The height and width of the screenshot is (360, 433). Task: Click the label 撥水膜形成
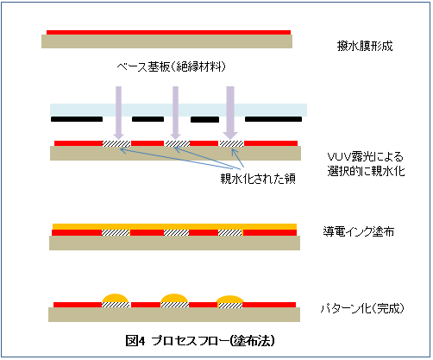[x=365, y=46]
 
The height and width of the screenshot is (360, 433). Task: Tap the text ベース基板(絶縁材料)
[x=172, y=66]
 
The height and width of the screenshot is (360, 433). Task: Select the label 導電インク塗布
[x=358, y=231]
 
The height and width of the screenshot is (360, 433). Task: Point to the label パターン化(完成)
[x=362, y=308]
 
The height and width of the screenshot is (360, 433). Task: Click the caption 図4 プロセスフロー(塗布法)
[x=200, y=341]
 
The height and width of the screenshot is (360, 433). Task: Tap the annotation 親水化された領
[x=258, y=179]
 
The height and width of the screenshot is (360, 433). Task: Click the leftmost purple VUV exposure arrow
[x=118, y=113]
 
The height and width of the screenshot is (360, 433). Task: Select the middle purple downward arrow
[x=175, y=113]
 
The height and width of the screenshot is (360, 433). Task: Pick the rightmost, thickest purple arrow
[x=230, y=113]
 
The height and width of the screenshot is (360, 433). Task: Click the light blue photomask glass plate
[x=179, y=110]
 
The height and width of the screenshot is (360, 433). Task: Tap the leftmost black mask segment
[x=77, y=119]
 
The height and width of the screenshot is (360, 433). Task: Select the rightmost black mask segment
[x=273, y=119]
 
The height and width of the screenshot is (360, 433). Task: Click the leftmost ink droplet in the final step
[x=116, y=298]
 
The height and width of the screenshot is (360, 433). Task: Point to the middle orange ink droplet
[x=174, y=298]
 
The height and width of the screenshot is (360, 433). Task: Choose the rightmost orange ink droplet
[x=229, y=300]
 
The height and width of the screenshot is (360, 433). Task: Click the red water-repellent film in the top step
[x=168, y=32]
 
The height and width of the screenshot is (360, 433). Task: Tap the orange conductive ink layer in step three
[x=174, y=226]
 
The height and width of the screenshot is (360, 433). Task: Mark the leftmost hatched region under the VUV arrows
[x=116, y=143]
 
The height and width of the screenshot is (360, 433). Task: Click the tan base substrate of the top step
[x=166, y=41]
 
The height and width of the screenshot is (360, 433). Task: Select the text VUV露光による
[x=365, y=157]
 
